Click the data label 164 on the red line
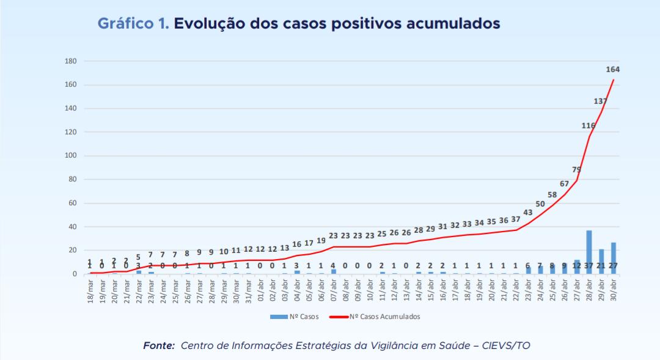point(612,70)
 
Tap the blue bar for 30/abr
point(614,258)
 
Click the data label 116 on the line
point(588,126)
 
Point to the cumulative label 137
point(601,101)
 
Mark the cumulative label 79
point(576,169)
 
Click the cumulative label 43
point(528,212)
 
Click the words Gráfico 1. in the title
point(133,24)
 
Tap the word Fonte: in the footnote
point(159,346)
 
